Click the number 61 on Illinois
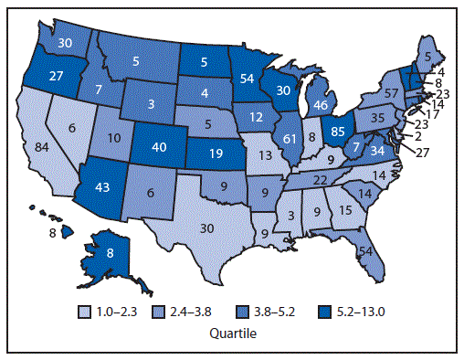tap(290, 138)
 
